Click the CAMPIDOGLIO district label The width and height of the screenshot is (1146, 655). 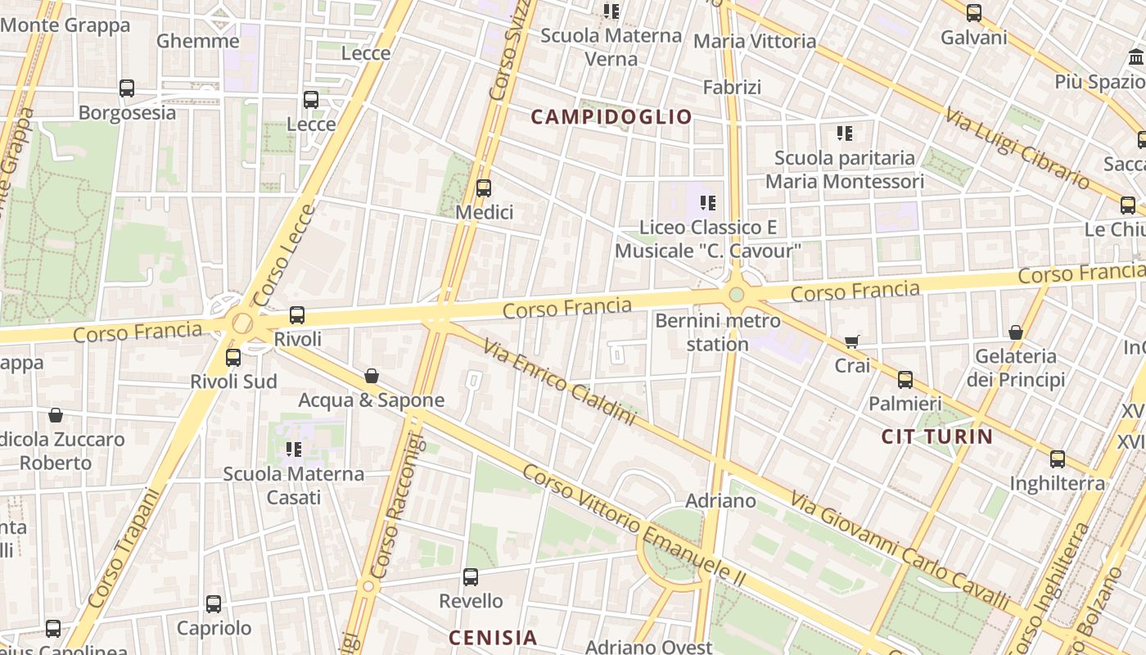coord(611,117)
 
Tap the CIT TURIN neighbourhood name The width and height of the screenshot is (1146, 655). coord(936,436)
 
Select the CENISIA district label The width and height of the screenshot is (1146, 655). coord(493,637)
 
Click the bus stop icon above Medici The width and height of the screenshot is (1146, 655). coord(484,188)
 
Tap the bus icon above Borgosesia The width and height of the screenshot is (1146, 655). coord(127,88)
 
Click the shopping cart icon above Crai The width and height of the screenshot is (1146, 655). coord(852,341)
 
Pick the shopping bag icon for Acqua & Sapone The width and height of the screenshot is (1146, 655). coord(372,376)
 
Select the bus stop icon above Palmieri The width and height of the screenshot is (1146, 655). coord(905,380)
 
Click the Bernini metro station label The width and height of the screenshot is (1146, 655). coord(718,332)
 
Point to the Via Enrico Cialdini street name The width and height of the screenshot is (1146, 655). coord(558,382)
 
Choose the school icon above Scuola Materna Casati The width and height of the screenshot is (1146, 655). coord(294,449)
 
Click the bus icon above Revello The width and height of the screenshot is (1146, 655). coord(471,577)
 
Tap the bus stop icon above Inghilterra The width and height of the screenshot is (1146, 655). coord(1058,459)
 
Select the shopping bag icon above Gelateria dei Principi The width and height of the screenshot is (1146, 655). coord(1016,332)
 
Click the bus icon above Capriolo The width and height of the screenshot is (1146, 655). coord(214,604)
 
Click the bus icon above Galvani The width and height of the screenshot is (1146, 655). coord(973,13)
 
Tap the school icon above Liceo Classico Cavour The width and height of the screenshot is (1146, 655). coord(708,203)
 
